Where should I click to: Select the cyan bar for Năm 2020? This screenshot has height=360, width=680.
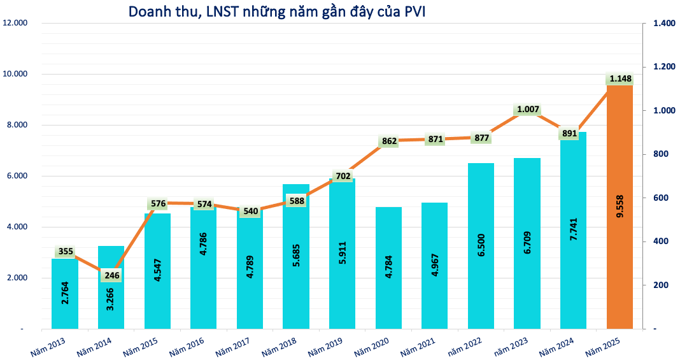(x=388, y=268)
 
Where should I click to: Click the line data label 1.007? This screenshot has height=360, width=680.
(x=528, y=110)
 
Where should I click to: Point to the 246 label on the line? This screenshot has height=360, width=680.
(x=111, y=276)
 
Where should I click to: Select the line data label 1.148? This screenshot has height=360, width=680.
(x=620, y=79)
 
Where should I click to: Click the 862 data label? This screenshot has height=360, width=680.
(x=389, y=141)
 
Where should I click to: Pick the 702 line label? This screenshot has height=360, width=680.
(x=343, y=176)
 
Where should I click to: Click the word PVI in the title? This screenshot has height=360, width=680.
(x=414, y=11)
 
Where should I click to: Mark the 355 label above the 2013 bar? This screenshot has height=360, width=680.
(x=65, y=252)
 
